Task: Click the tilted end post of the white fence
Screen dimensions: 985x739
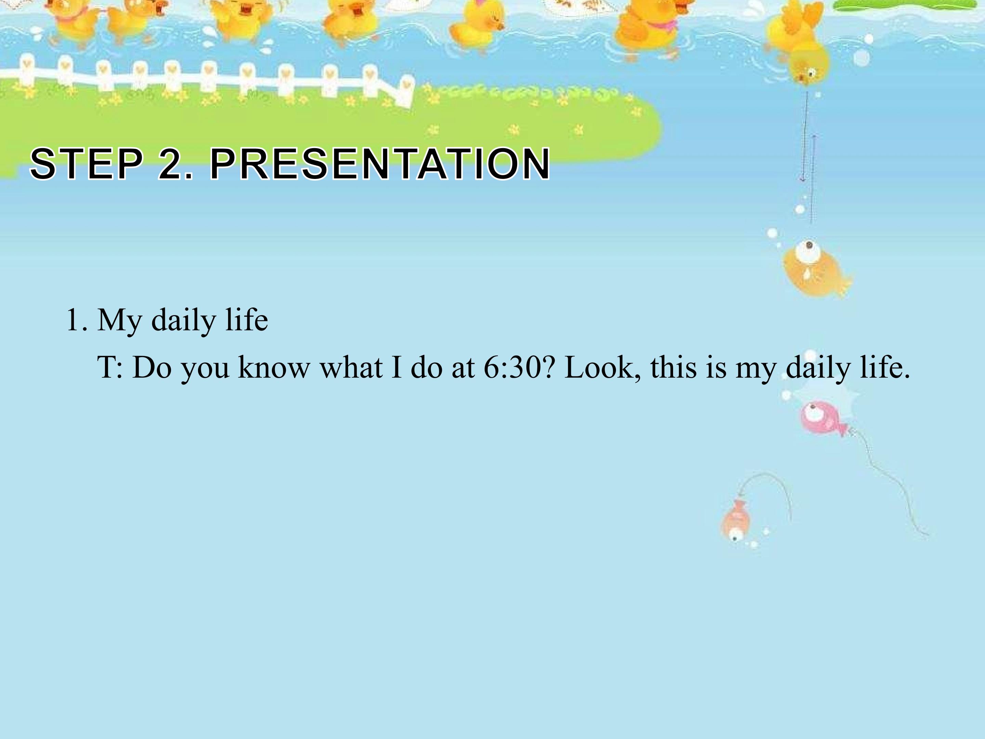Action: (x=405, y=92)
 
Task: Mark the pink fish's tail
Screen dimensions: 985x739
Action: (x=842, y=429)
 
